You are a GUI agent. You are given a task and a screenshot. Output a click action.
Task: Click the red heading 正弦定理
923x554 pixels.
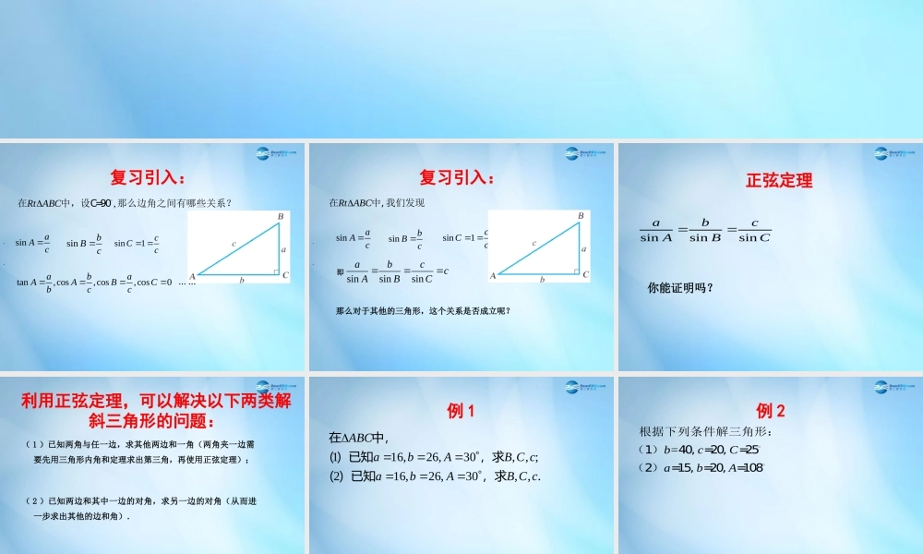click(x=779, y=181)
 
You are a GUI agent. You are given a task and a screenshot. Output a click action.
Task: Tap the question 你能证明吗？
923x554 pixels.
click(x=680, y=287)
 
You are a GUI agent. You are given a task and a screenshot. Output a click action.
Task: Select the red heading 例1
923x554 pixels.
click(x=461, y=411)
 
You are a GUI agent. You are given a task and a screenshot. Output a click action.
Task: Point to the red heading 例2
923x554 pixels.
click(x=771, y=411)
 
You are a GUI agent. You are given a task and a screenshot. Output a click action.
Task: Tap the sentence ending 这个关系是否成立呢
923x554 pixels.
click(x=423, y=310)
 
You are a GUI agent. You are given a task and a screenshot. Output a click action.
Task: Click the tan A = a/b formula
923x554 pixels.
click(x=34, y=282)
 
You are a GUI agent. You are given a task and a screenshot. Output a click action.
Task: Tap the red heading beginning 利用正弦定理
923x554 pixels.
click(x=155, y=411)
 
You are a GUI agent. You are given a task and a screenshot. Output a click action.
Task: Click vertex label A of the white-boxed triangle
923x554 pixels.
click(x=193, y=276)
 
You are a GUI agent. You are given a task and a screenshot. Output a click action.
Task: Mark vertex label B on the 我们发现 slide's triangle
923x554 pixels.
click(x=581, y=215)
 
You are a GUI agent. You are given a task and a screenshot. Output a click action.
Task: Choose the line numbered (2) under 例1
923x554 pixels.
click(x=434, y=476)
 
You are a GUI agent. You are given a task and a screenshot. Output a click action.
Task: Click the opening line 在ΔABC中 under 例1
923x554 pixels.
click(x=359, y=438)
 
